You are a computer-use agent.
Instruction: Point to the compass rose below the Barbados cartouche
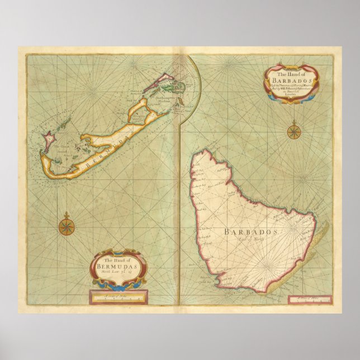[294, 132]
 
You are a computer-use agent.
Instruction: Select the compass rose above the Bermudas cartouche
[67, 226]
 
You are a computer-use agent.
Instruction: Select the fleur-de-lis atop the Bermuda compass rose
[67, 215]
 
